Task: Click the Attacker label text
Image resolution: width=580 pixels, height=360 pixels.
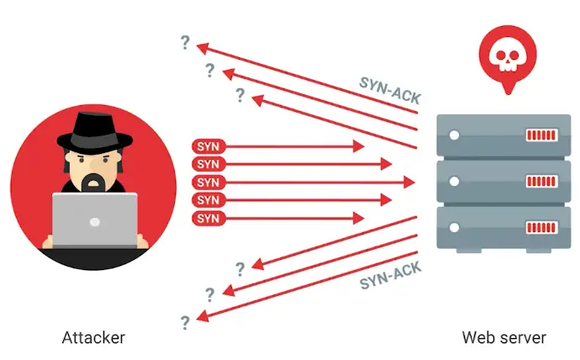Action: click(x=93, y=338)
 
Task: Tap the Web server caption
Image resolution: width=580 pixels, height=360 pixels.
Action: click(x=504, y=338)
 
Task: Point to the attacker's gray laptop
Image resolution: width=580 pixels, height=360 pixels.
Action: click(x=94, y=220)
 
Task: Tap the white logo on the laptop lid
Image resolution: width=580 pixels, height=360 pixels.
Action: click(x=94, y=221)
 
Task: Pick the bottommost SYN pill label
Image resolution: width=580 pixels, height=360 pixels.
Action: click(x=207, y=219)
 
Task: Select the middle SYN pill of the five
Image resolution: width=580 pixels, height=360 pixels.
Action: click(x=207, y=183)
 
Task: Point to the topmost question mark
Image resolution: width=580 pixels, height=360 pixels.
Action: click(x=185, y=43)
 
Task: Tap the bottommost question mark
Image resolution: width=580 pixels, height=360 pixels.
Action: click(x=185, y=321)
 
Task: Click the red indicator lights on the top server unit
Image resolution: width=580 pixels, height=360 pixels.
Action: click(x=540, y=135)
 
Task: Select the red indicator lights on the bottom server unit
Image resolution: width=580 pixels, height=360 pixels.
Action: click(x=540, y=227)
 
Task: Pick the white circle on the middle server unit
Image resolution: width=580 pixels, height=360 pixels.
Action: click(x=455, y=181)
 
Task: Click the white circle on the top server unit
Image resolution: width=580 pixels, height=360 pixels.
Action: click(x=455, y=135)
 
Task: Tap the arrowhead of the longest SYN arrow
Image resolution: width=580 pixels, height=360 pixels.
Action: click(x=411, y=183)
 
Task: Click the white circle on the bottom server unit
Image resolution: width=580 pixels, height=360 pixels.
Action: click(x=455, y=227)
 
